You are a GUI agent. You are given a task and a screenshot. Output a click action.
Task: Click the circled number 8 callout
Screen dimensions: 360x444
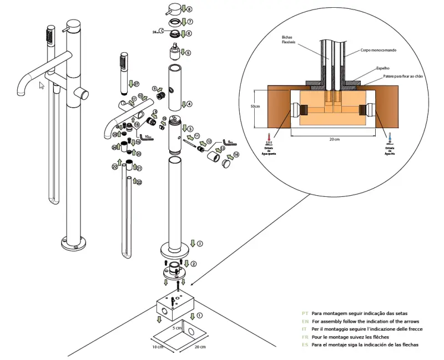189,9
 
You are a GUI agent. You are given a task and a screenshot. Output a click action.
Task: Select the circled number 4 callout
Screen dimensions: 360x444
189,104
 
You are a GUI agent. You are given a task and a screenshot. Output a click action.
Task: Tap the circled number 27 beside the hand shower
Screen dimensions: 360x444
136,84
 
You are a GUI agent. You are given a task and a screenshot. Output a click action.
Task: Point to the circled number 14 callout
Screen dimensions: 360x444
236,154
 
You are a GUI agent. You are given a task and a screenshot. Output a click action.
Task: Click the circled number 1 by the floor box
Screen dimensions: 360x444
200,315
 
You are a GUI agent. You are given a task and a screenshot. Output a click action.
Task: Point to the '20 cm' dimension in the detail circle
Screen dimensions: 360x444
333,139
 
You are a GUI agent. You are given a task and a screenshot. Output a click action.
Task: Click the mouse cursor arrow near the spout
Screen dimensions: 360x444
41,85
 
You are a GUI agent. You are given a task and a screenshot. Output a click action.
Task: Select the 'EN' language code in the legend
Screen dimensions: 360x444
305,321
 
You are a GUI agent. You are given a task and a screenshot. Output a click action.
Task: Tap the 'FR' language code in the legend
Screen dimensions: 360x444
305,337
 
